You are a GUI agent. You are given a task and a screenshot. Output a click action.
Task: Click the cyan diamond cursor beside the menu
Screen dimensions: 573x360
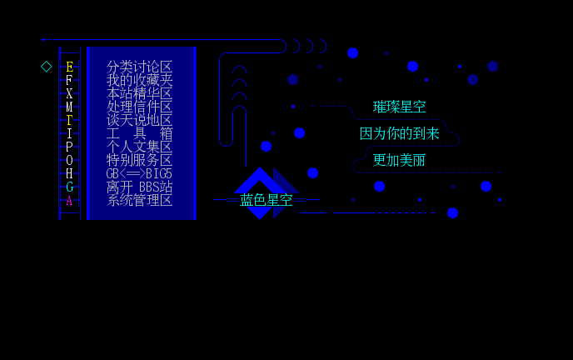pyautogui.click(x=47, y=67)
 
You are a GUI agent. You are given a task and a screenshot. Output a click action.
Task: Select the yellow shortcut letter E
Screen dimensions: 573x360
pyautogui.click(x=69, y=67)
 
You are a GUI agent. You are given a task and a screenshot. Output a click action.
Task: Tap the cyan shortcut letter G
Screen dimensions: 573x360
pyautogui.click(x=69, y=187)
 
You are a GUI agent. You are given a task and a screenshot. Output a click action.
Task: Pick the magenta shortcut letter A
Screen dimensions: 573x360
pyautogui.click(x=69, y=200)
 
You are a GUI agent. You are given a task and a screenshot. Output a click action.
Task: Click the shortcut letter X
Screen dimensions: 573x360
pyautogui.click(x=69, y=93)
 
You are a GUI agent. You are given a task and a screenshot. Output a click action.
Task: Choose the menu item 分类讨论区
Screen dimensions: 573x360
pyautogui.click(x=139, y=67)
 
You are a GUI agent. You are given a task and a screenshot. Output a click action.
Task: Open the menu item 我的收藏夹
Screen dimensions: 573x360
pyautogui.click(x=139, y=80)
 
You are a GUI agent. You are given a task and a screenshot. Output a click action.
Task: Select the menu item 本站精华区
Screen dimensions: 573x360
pyautogui.click(x=139, y=93)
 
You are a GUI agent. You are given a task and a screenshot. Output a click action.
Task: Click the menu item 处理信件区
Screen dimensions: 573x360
pyautogui.click(x=139, y=107)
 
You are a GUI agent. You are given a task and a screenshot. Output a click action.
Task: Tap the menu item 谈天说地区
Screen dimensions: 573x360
pyautogui.click(x=139, y=120)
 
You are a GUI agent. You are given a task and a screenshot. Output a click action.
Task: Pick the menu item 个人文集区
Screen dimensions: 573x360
pyautogui.click(x=139, y=147)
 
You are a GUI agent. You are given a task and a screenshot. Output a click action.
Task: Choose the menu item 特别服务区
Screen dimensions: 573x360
pyautogui.click(x=139, y=160)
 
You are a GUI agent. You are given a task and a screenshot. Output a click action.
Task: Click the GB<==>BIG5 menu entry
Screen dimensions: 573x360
pyautogui.click(x=139, y=173)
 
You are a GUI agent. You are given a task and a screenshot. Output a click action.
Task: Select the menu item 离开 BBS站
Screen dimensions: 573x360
pyautogui.click(x=139, y=187)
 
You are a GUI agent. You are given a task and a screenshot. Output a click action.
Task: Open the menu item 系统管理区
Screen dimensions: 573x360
pyautogui.click(x=139, y=200)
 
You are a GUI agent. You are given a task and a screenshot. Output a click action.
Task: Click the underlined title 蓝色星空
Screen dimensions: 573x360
pyautogui.click(x=266, y=200)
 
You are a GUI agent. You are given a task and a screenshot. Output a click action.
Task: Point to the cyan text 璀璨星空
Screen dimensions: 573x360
pyautogui.click(x=399, y=107)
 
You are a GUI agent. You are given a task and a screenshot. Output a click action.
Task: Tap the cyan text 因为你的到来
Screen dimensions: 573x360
pyautogui.click(x=399, y=133)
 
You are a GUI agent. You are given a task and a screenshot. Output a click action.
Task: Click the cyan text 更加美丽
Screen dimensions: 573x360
pyautogui.click(x=399, y=160)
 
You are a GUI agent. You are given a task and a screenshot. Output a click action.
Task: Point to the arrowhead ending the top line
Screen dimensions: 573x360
pyautogui.click(x=42, y=39)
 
